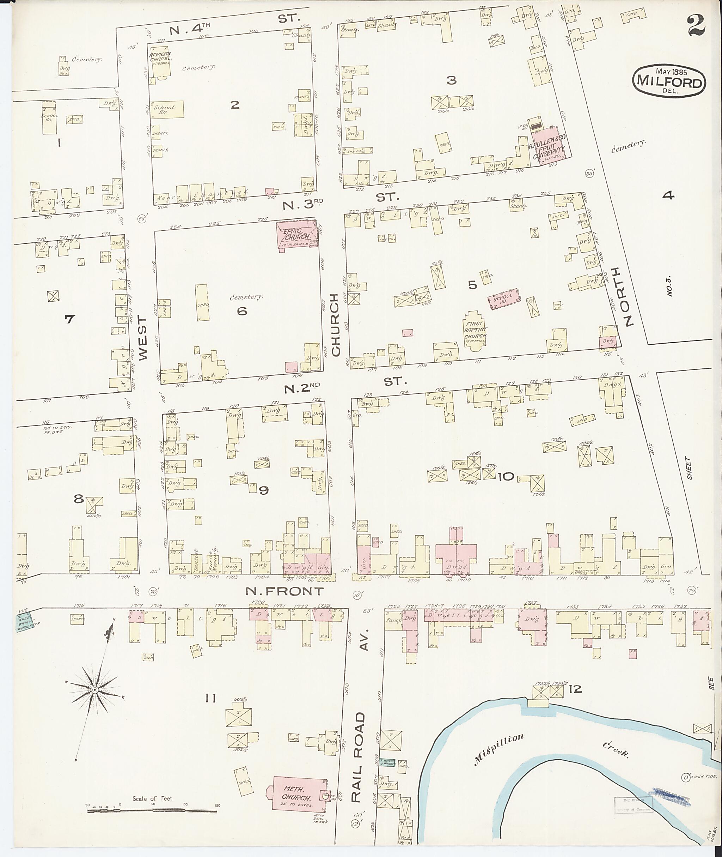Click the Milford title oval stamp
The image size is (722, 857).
coord(669,81)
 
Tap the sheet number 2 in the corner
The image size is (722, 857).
coord(696,25)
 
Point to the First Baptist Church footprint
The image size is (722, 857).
coord(475,331)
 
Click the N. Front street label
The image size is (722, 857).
coord(284,591)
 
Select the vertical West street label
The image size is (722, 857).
coord(142,338)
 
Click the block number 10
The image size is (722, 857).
coord(506,476)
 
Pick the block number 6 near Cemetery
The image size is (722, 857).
coord(242,311)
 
